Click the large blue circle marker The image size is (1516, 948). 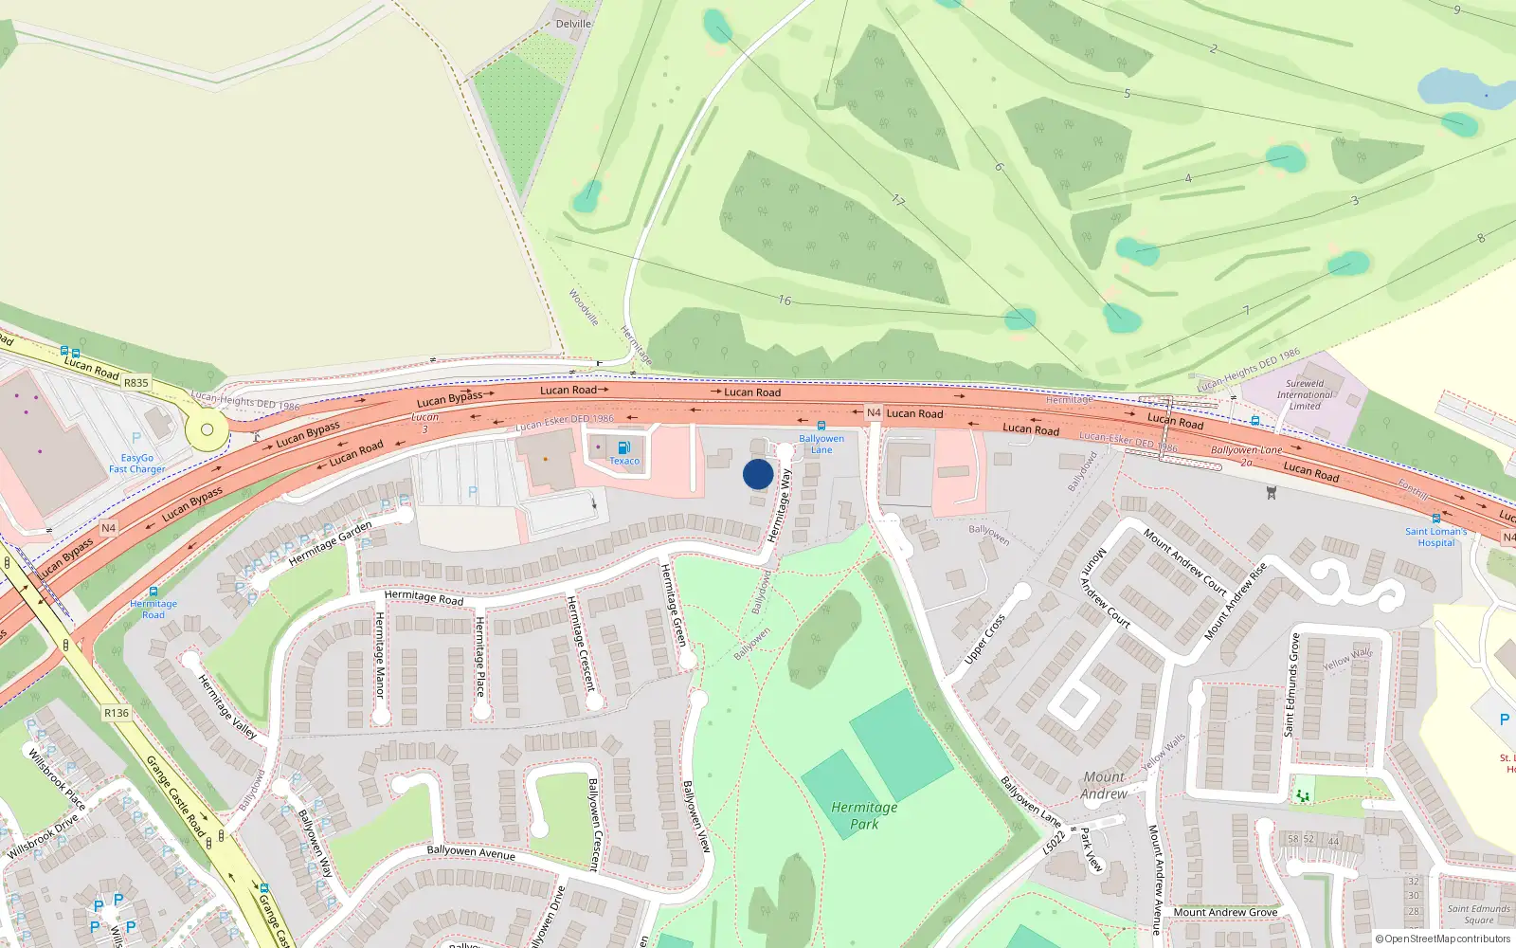pyautogui.click(x=758, y=474)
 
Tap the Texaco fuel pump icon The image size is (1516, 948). pyautogui.click(x=623, y=447)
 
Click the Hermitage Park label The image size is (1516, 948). pyautogui.click(x=863, y=815)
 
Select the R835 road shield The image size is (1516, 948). pyautogui.click(x=136, y=383)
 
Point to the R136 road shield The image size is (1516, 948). pyautogui.click(x=117, y=713)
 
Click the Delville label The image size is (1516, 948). pyautogui.click(x=573, y=24)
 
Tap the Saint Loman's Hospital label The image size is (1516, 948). pyautogui.click(x=1435, y=538)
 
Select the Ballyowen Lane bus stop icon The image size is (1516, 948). pyautogui.click(x=821, y=426)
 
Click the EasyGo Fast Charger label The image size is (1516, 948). pyautogui.click(x=136, y=464)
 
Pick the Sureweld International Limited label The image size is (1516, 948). pyautogui.click(x=1305, y=394)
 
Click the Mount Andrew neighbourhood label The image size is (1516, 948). pyautogui.click(x=1104, y=785)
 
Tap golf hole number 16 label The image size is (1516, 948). pyautogui.click(x=785, y=300)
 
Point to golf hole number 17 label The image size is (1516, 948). pyautogui.click(x=898, y=200)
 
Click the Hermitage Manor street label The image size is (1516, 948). pyautogui.click(x=379, y=655)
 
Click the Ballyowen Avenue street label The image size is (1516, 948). pyautogui.click(x=471, y=852)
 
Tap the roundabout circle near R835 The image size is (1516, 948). pyautogui.click(x=207, y=430)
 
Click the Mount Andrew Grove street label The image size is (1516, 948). pyautogui.click(x=1225, y=912)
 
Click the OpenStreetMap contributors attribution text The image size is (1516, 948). pyautogui.click(x=1442, y=939)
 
